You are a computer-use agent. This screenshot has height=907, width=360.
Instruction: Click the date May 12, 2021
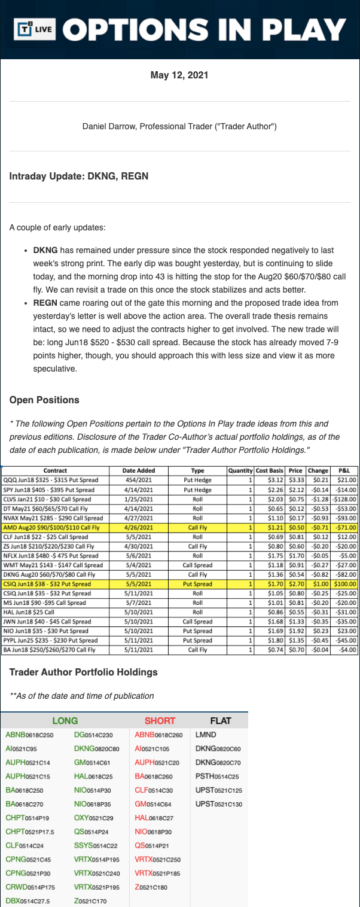coord(179,75)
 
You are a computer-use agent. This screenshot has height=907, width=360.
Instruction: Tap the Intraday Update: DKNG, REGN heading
coord(79,176)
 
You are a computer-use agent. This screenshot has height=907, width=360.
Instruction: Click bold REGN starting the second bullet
coord(45,303)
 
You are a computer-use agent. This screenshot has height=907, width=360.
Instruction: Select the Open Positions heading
coord(44,400)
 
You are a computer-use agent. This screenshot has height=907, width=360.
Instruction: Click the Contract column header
coord(55,470)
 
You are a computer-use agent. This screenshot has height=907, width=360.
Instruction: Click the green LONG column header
coord(65,721)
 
